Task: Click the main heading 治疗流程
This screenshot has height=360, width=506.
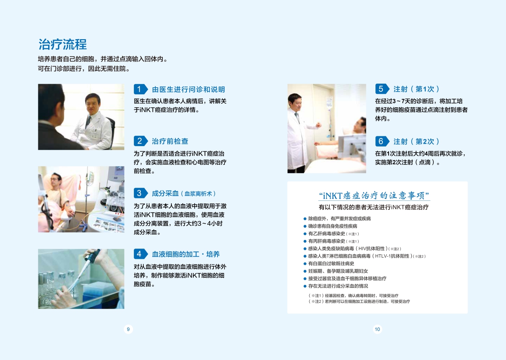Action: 62,44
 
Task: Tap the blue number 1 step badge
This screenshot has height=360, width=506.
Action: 140,89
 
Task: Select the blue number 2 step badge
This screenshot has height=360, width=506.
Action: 140,141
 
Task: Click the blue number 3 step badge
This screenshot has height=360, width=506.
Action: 140,193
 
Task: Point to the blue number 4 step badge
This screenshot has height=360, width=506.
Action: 140,254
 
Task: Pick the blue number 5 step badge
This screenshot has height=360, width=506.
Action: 382,89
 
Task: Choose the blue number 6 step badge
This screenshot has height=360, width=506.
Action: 382,141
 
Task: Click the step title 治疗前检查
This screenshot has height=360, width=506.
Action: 170,141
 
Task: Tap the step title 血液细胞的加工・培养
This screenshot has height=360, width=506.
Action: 186,254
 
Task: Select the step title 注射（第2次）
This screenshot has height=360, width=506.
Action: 416,142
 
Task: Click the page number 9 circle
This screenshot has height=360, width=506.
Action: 128,329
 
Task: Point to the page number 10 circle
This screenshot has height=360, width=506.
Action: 377,329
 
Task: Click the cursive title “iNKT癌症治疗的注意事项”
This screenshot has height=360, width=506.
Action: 374,196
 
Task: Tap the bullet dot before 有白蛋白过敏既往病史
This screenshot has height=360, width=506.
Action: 305,264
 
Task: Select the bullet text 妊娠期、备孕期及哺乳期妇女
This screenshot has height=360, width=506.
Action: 338,271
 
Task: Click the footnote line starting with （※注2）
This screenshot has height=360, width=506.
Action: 359,302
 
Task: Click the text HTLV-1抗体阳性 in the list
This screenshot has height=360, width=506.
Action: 392,256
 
